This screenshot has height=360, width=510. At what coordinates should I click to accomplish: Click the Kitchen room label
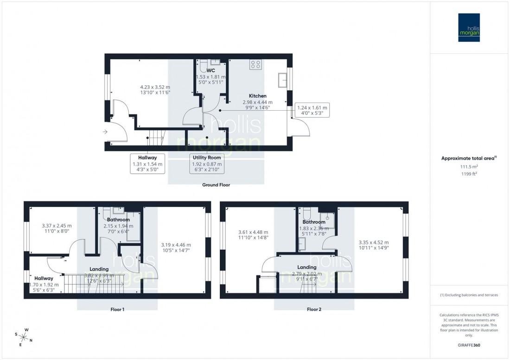pos(257,96)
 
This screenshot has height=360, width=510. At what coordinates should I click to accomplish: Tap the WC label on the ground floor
pos(211,70)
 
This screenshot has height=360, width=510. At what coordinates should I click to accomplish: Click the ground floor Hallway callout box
pos(147,164)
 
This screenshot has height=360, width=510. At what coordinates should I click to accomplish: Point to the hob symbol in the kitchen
pos(255,64)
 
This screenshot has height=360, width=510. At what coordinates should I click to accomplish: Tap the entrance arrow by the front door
pos(107,131)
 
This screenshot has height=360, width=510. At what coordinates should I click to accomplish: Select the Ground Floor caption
pos(216,184)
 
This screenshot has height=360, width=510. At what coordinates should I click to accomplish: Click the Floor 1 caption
pos(117,309)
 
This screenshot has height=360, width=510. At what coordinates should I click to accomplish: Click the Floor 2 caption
pos(314,309)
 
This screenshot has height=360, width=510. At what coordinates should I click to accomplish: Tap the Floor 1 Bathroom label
pos(118,220)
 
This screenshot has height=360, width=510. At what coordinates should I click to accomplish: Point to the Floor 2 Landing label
pos(307,267)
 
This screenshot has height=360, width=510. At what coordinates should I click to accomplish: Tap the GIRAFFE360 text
pos(470,345)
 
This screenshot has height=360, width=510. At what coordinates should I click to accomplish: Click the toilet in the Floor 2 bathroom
pos(306,213)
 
